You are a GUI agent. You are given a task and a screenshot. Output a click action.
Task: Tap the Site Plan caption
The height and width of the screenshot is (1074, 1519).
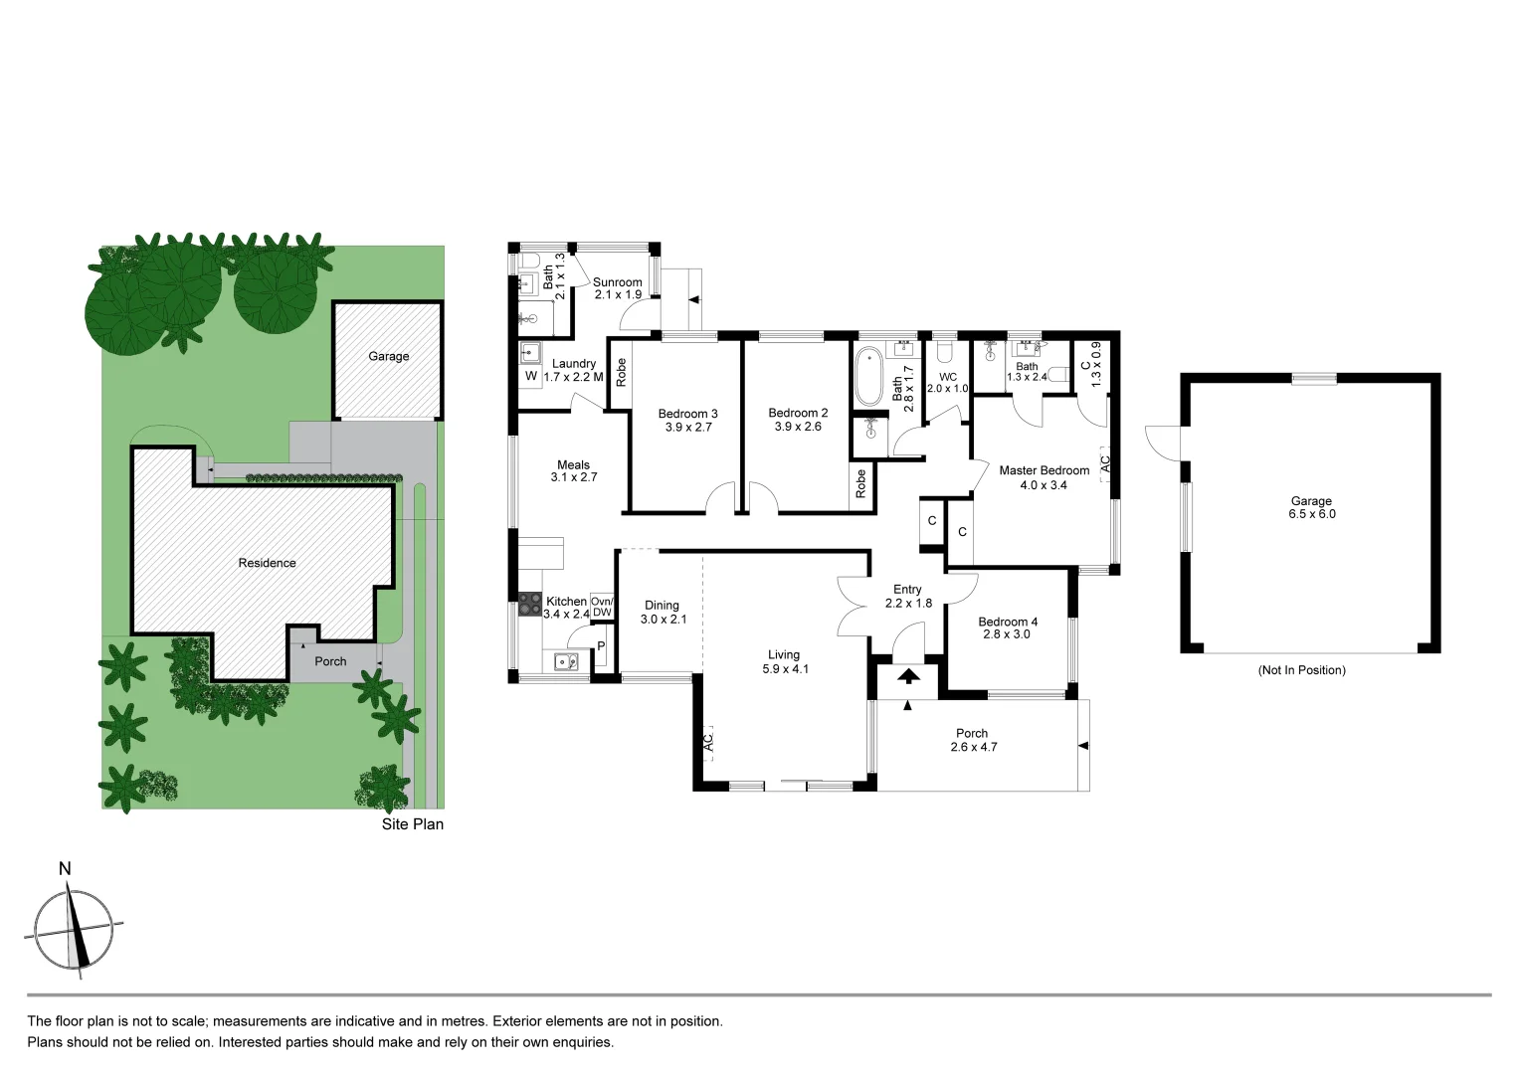413,824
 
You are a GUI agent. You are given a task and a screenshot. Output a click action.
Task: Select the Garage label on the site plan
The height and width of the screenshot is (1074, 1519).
388,356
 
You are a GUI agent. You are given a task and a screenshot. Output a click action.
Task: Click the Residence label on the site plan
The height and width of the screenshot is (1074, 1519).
267,563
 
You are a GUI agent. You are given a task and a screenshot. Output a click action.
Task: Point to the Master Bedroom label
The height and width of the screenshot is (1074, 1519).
1044,470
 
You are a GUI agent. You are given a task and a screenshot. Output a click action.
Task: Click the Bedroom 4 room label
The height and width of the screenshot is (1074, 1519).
1007,622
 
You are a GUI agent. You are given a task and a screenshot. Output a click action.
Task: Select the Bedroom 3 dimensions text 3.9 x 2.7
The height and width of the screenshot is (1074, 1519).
688,428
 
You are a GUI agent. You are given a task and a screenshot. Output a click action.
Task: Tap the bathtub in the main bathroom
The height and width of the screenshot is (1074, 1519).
868,376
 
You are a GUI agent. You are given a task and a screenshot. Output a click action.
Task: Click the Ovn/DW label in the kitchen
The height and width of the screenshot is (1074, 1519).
602,607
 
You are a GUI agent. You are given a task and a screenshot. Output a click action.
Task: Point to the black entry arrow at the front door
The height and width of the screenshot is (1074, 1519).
908,677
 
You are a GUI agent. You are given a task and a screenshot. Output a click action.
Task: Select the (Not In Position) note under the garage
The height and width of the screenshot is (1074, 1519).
1301,670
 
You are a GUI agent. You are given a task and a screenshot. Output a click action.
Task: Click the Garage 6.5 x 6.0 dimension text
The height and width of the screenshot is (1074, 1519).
1311,514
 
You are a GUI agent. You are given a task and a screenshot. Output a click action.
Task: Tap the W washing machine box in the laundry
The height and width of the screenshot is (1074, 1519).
530,377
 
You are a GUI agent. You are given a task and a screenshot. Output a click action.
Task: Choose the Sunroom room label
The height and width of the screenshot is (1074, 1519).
617,282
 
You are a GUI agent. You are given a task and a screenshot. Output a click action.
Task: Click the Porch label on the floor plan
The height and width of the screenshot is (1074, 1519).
972,733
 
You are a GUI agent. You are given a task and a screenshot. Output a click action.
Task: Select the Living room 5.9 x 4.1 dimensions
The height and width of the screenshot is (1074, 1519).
783,669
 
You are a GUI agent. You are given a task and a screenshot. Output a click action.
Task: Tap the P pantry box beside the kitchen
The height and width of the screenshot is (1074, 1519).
600,647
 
